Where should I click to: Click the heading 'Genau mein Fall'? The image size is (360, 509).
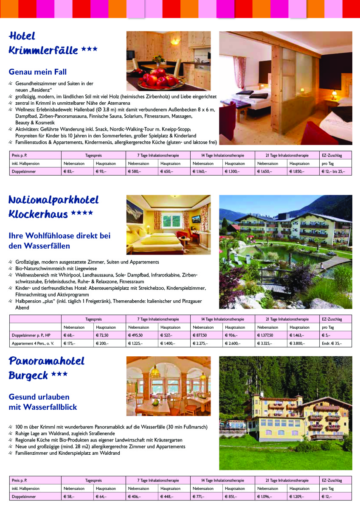pos(38,72)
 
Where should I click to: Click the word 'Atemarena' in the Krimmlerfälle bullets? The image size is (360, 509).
pos(130,103)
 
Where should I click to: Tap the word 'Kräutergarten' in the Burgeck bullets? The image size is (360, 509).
pos(167,440)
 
